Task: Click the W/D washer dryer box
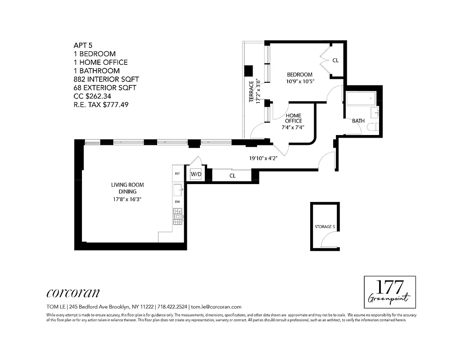click(196, 174)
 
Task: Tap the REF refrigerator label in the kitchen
click(177, 173)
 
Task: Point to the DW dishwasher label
click(177, 202)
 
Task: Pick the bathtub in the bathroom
click(360, 98)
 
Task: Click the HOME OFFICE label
click(293, 118)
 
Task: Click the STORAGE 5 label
click(325, 227)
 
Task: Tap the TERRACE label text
click(252, 92)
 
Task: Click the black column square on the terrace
click(248, 71)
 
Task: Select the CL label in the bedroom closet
click(335, 60)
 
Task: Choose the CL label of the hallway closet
click(232, 176)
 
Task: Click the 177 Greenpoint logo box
click(389, 292)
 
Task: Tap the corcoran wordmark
click(73, 293)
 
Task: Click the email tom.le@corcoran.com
click(217, 306)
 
